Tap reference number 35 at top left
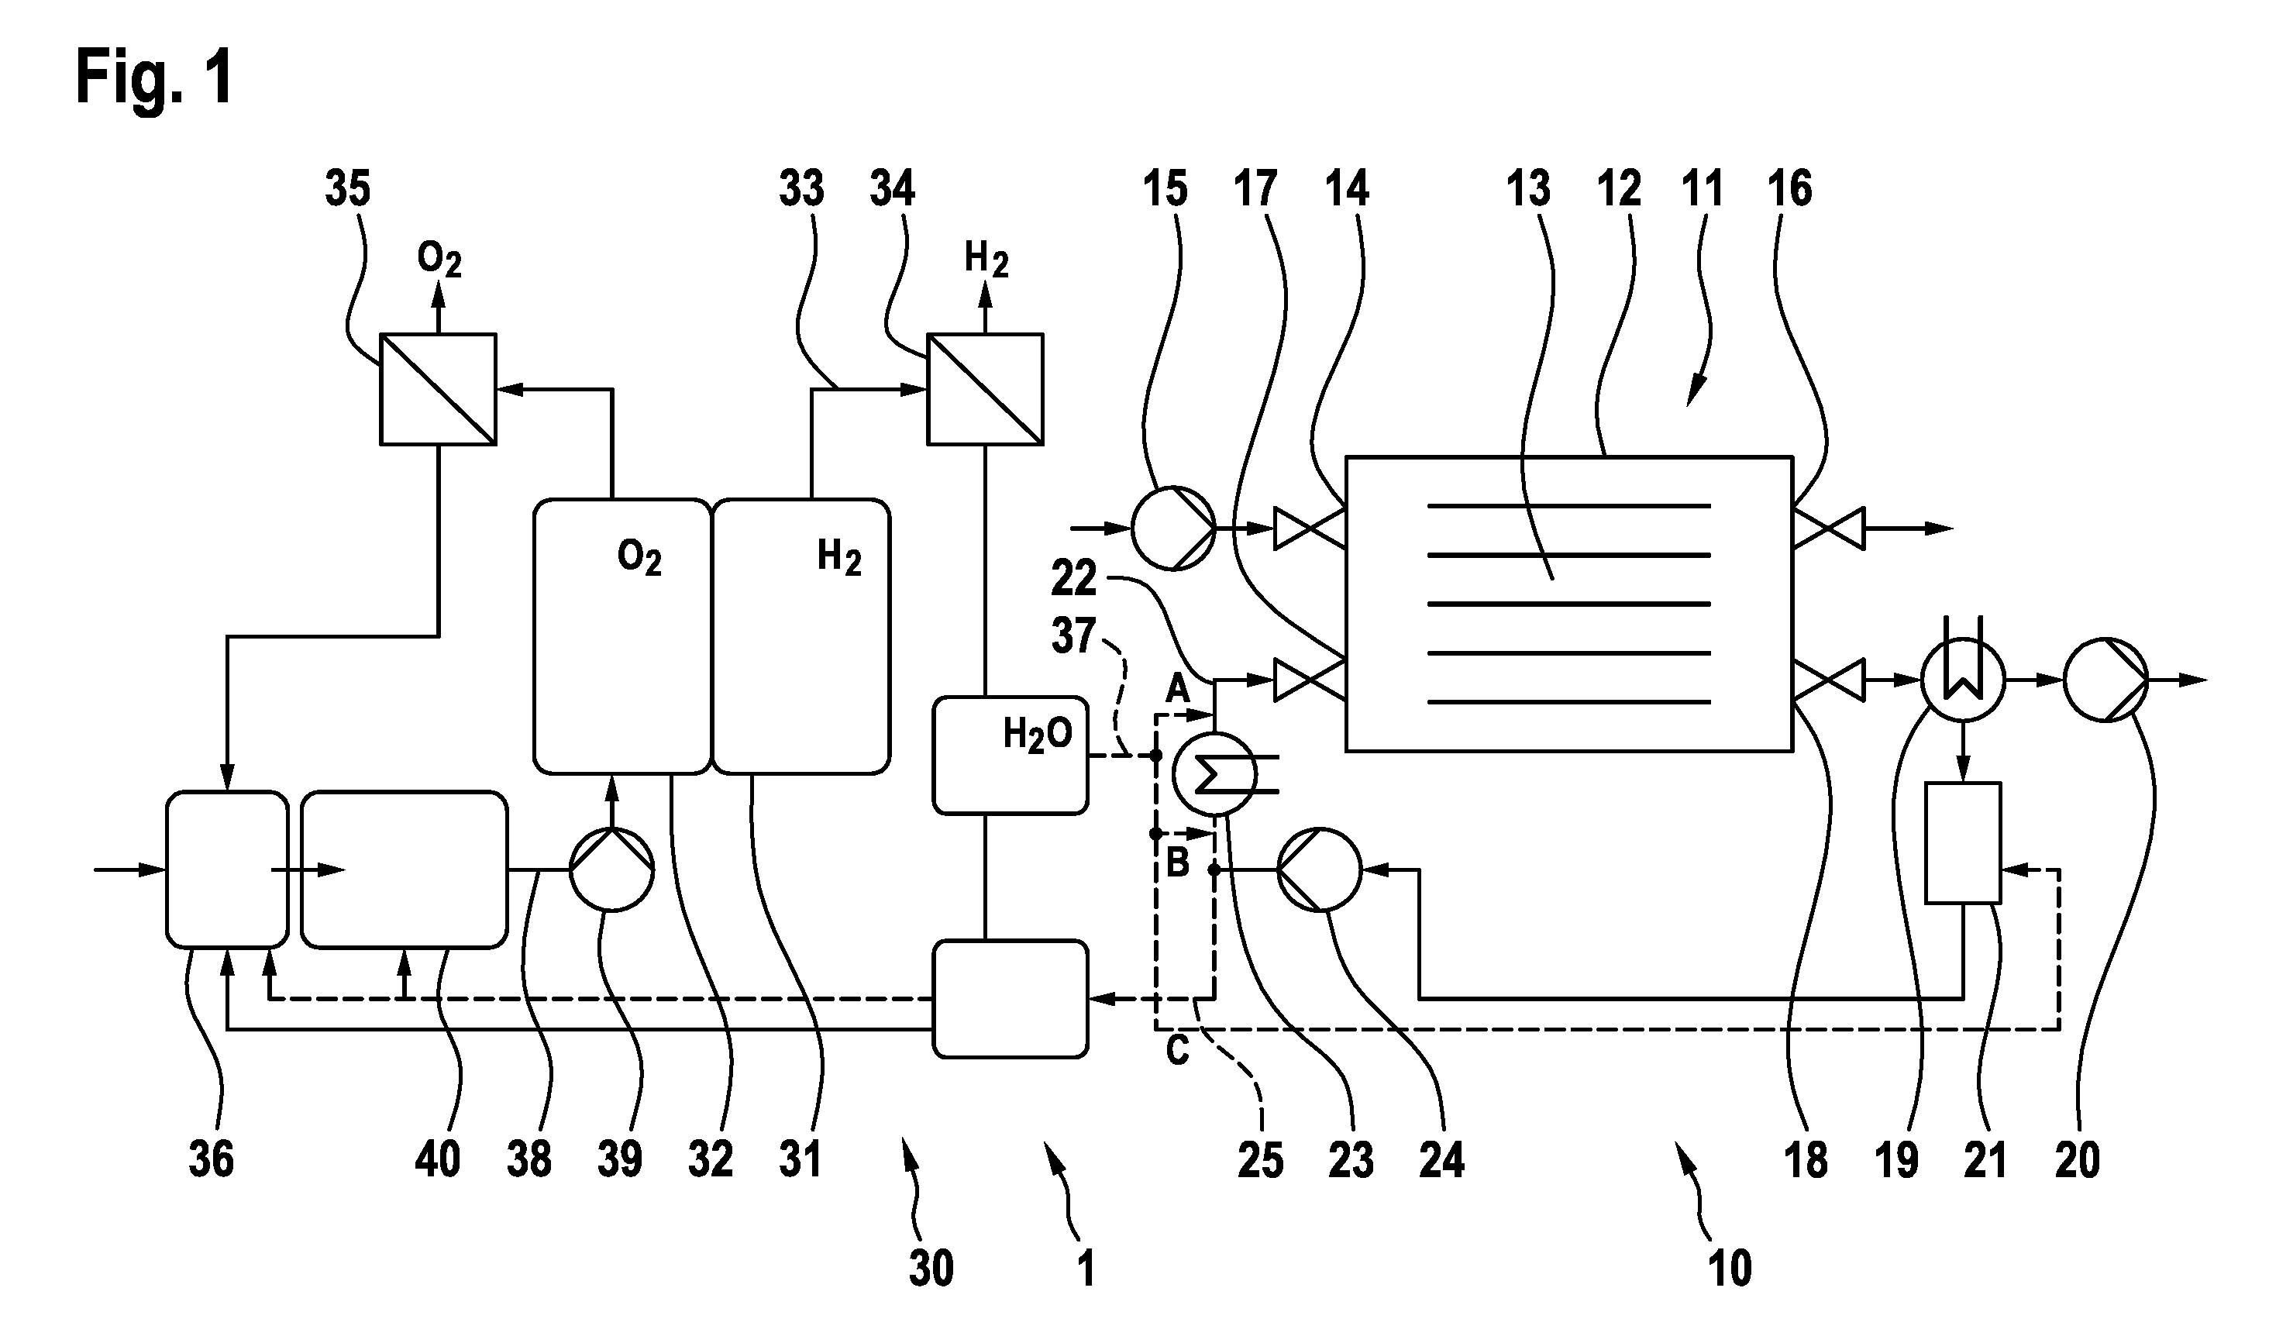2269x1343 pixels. [x=348, y=189]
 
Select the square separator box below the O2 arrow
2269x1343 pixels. [x=438, y=389]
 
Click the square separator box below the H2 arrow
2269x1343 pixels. [x=985, y=389]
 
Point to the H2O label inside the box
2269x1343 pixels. [x=1037, y=735]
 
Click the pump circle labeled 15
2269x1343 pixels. [x=1173, y=528]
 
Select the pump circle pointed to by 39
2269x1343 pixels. [x=611, y=870]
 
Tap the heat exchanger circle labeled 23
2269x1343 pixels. [x=1214, y=773]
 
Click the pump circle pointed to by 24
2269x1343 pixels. [x=1319, y=870]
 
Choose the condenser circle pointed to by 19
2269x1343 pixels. [x=1962, y=680]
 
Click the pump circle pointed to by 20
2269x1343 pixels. [x=2106, y=680]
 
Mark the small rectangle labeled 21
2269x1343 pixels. [x=1962, y=842]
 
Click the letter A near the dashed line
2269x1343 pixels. [x=1177, y=690]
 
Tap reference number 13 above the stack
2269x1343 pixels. [x=1529, y=189]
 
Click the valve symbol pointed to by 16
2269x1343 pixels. [x=1828, y=529]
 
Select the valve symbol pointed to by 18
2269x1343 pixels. [x=1828, y=680]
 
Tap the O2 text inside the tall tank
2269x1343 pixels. [x=639, y=557]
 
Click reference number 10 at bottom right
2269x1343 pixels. [x=1730, y=1268]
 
